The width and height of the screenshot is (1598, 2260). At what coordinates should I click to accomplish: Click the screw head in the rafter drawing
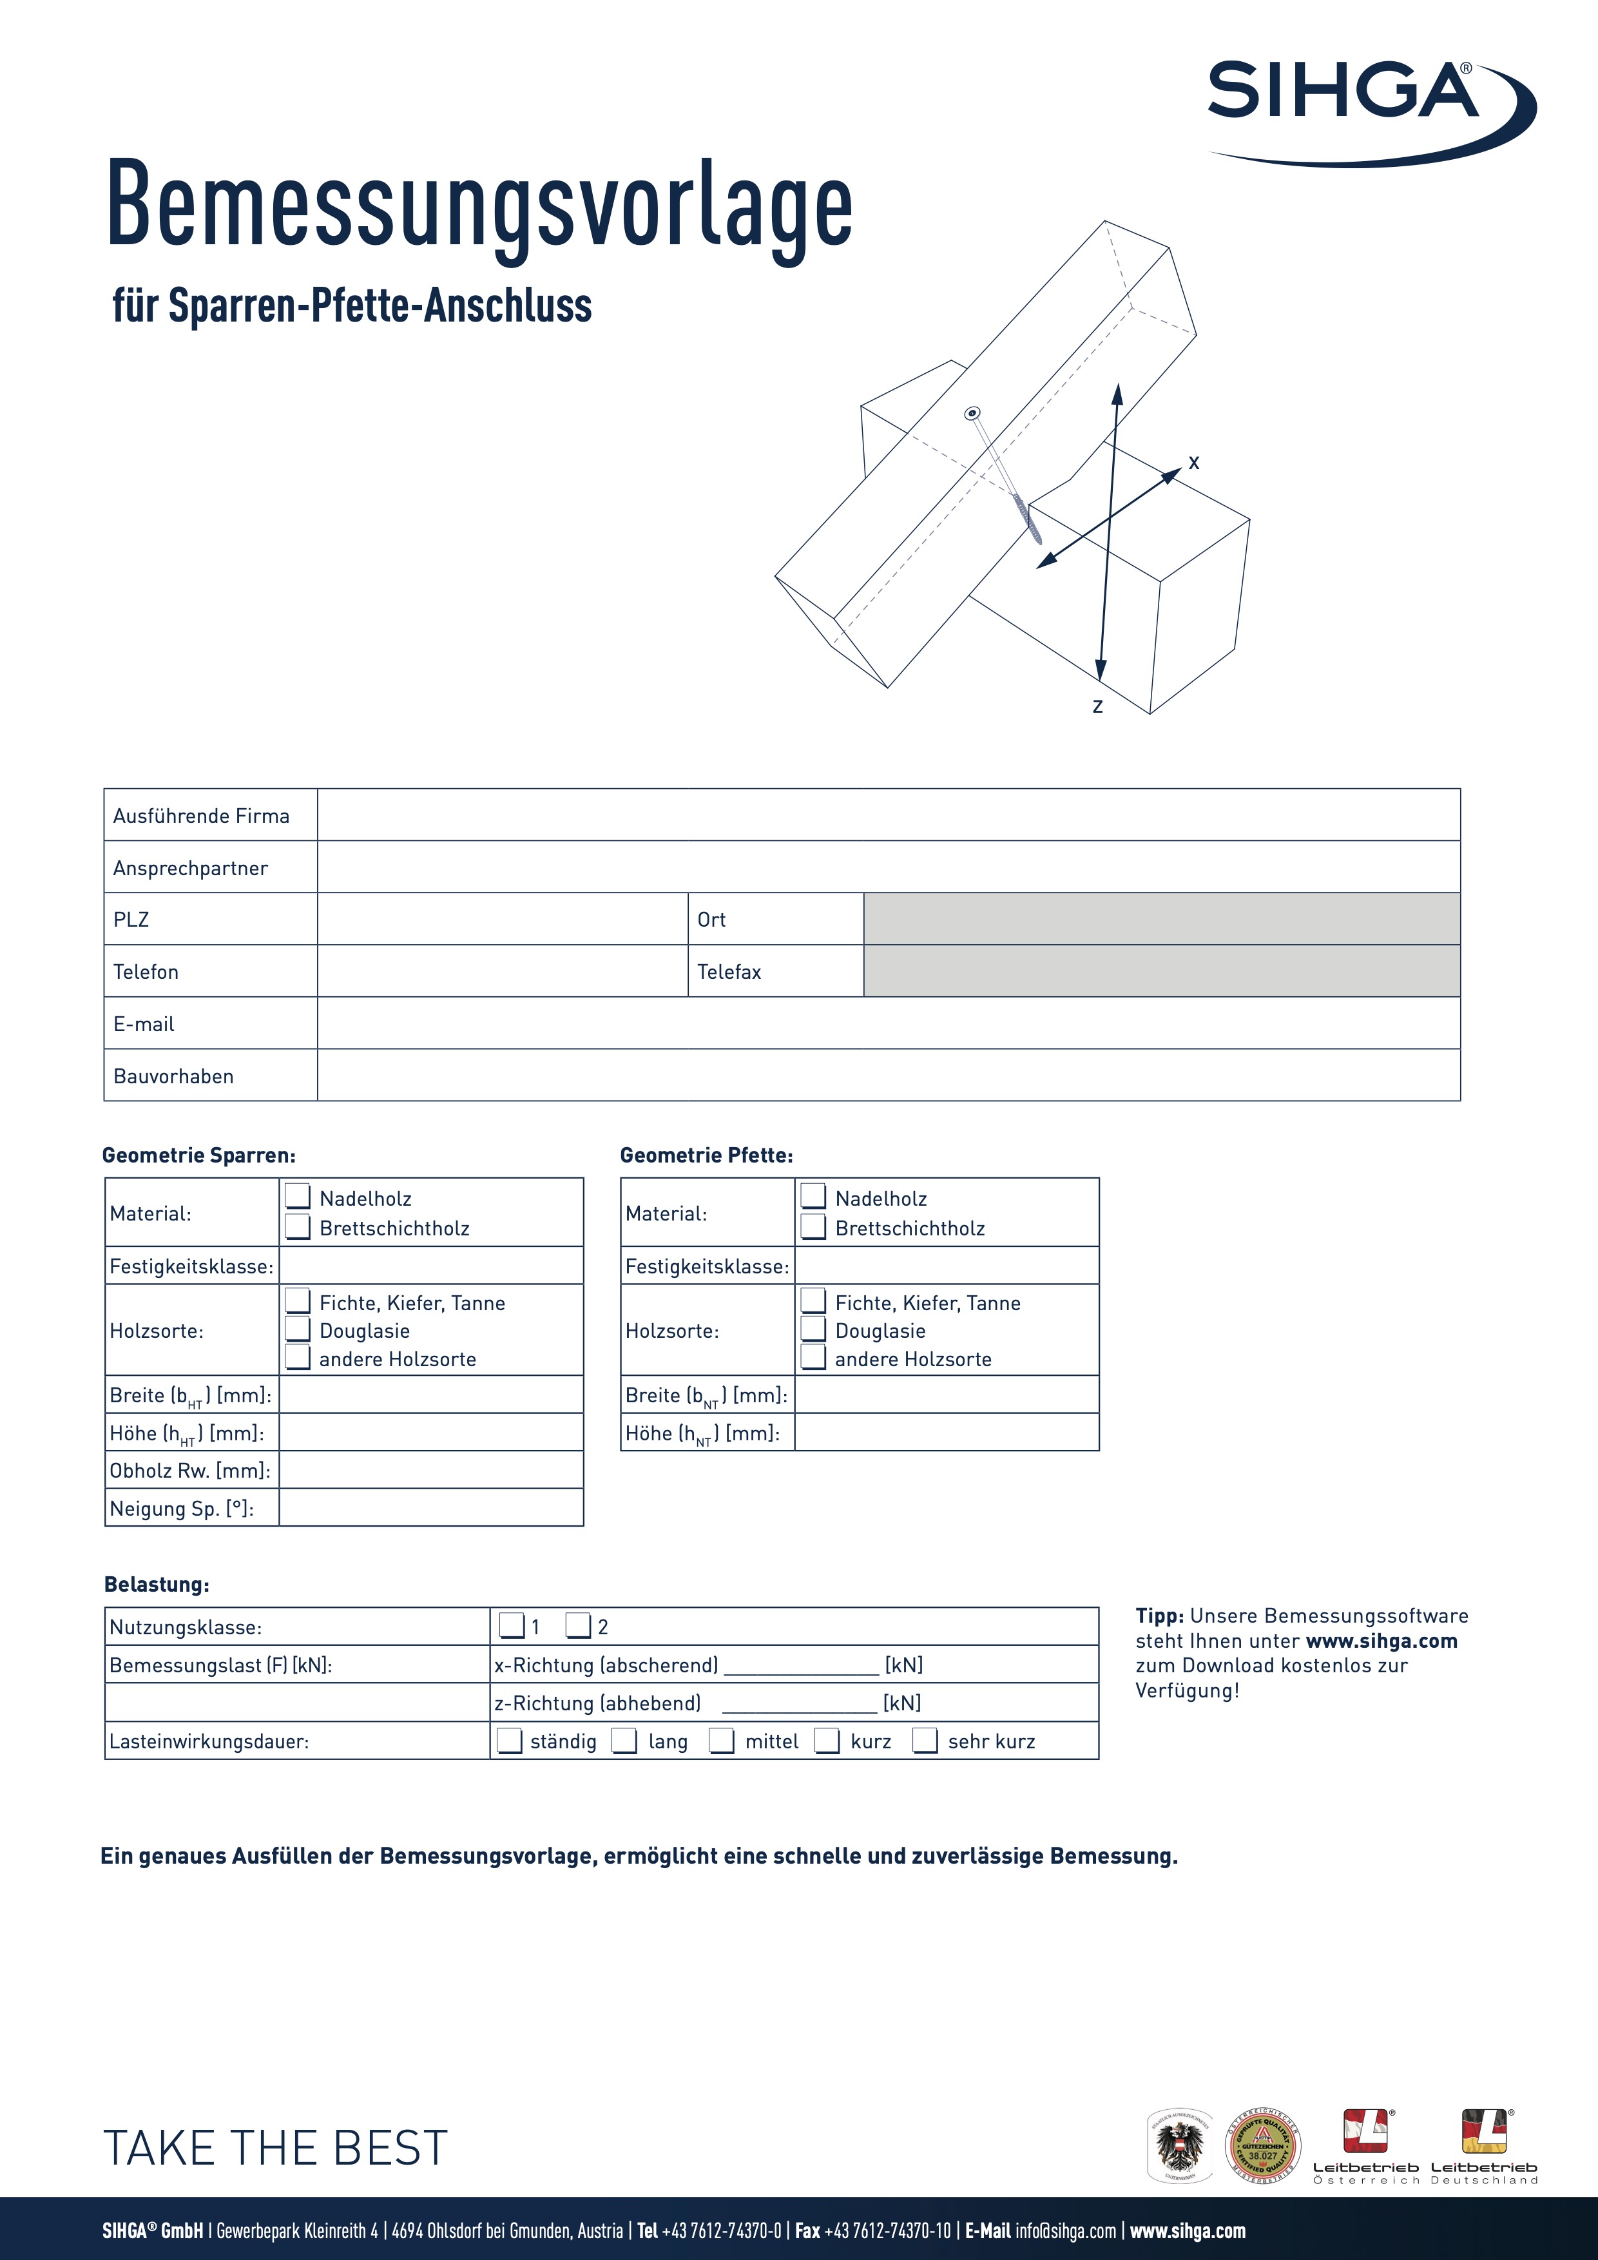(x=973, y=414)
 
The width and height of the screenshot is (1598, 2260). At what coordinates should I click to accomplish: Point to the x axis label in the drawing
(x=1193, y=463)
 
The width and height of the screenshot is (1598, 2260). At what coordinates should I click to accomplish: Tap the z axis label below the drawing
(x=1097, y=706)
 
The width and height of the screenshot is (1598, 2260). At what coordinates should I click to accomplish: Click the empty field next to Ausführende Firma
(x=887, y=815)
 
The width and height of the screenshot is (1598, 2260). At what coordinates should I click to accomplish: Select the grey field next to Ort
(x=1161, y=920)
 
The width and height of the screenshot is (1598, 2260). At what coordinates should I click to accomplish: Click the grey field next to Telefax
(x=1161, y=972)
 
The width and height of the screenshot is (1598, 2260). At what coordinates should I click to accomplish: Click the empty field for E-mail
(x=887, y=1024)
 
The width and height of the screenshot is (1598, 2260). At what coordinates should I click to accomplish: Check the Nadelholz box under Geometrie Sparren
(x=297, y=1197)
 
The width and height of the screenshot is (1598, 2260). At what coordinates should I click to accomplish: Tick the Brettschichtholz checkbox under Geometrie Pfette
(x=813, y=1226)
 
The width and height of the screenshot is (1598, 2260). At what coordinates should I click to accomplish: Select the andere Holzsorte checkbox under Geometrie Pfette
(x=813, y=1357)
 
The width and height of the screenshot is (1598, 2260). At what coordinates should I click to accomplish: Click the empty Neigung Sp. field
(x=431, y=1508)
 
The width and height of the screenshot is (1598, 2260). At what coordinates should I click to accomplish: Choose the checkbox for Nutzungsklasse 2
(x=579, y=1626)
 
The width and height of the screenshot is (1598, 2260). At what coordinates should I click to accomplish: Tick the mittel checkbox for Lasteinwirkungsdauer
(x=722, y=1741)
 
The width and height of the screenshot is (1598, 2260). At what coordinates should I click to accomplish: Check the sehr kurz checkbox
(x=925, y=1741)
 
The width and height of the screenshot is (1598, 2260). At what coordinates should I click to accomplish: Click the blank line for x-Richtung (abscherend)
(x=801, y=1665)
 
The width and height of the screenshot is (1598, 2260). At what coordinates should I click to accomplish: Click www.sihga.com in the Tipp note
(x=1381, y=1641)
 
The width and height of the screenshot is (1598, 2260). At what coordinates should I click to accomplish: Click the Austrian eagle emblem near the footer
(x=1181, y=2146)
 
